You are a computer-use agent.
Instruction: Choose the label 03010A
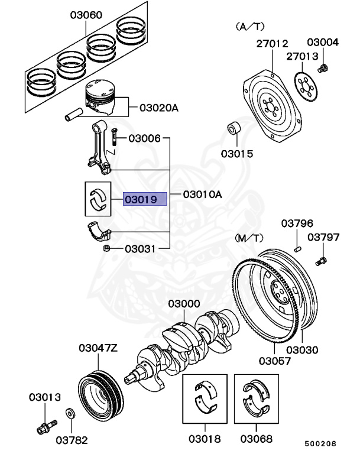coord(202,194)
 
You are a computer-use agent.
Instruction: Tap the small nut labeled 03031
coord(108,248)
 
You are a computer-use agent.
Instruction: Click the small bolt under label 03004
coord(323,69)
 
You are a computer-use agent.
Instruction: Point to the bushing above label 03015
coord(235,129)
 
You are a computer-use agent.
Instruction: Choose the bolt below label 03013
coord(46,424)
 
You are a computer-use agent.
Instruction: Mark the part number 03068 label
coord(257,439)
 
